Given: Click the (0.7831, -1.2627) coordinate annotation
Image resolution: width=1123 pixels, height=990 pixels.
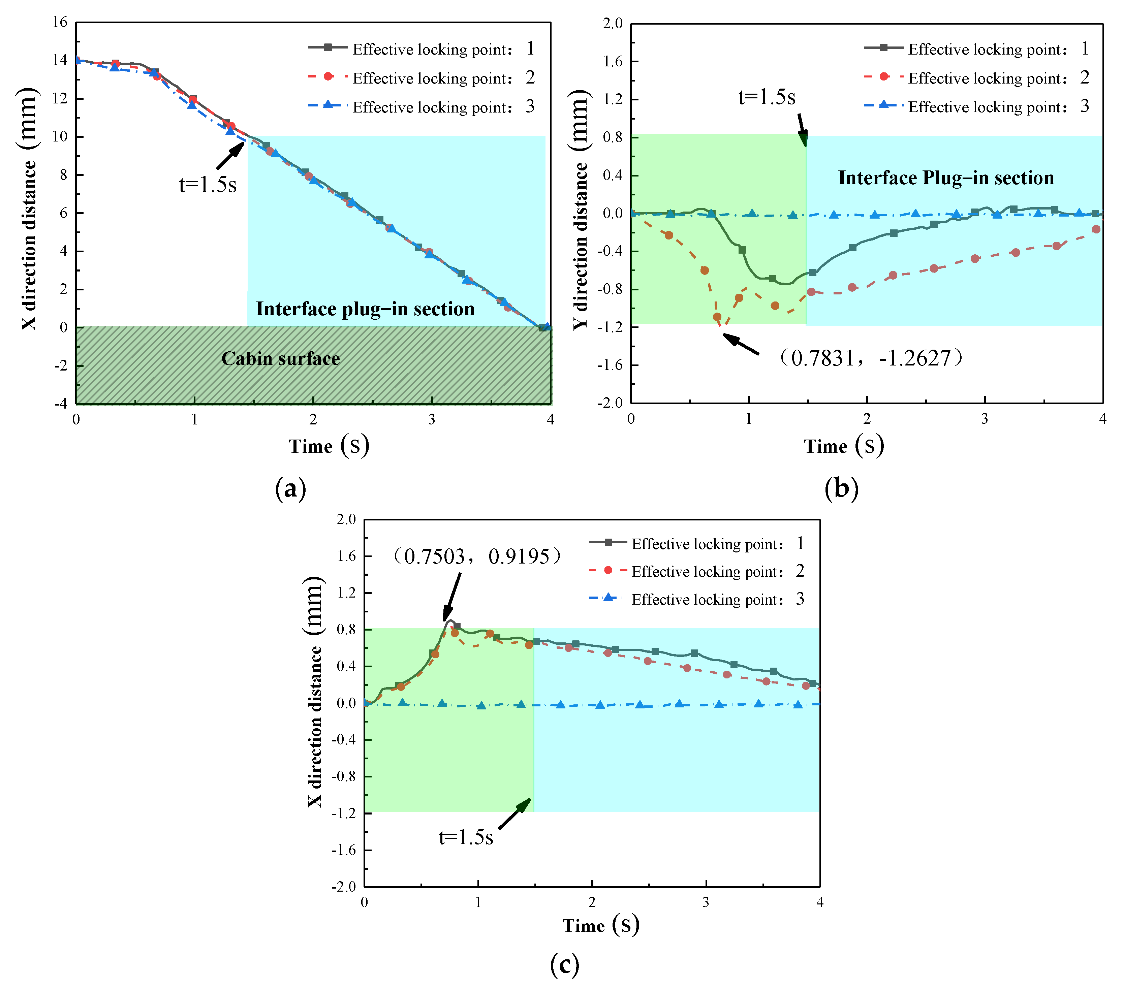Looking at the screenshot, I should point(871,358).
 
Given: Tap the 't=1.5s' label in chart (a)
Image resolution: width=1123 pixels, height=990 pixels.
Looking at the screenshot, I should point(208,185).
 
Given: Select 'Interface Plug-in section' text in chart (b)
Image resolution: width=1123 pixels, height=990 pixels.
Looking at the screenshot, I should point(945,178).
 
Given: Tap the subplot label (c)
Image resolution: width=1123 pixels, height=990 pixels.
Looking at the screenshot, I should point(564,964).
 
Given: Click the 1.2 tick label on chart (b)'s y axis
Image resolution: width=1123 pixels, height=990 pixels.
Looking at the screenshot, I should point(613,99).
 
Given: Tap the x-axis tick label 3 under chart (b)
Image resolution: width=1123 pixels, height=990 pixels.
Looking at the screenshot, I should point(985,419).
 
